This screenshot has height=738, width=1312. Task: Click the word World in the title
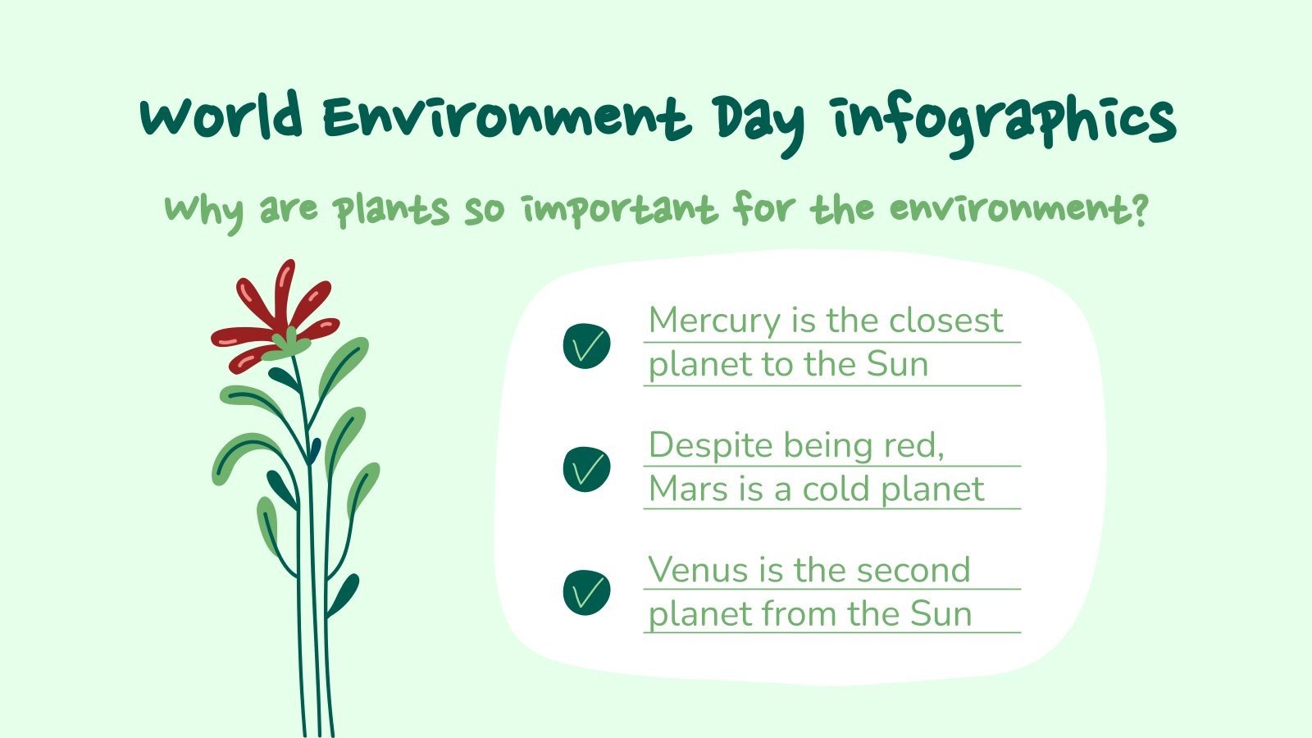pos(221,117)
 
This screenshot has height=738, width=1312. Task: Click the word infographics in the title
pos(1004,121)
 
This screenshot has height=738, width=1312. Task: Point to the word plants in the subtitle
pos(391,210)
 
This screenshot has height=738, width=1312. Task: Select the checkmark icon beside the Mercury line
pos(586,344)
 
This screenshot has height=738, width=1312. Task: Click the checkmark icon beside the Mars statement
pos(586,469)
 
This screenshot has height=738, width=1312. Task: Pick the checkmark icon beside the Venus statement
pos(586,592)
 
